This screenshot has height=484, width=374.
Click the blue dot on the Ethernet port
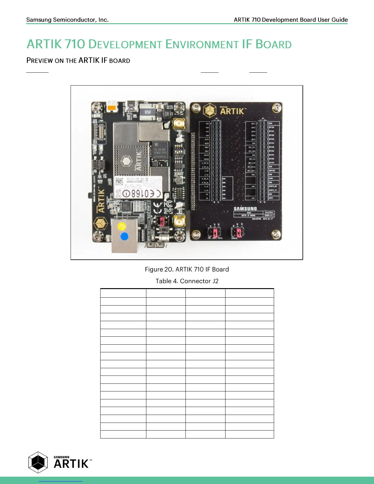(124, 237)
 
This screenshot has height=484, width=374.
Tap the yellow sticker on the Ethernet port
(121, 226)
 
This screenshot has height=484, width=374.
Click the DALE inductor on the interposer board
(148, 113)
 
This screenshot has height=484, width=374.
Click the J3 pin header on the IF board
(216, 161)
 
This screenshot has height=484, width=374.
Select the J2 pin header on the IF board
(262, 161)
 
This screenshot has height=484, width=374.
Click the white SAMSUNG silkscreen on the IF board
(245, 209)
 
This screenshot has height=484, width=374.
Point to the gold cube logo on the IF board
(210, 110)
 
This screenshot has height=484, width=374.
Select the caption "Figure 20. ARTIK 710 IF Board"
(187, 269)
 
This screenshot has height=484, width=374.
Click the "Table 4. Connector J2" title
(187, 281)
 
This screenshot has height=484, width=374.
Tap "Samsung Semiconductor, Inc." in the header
(67, 20)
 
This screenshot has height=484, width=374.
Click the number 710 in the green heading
(75, 44)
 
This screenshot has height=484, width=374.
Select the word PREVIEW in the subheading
(39, 61)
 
